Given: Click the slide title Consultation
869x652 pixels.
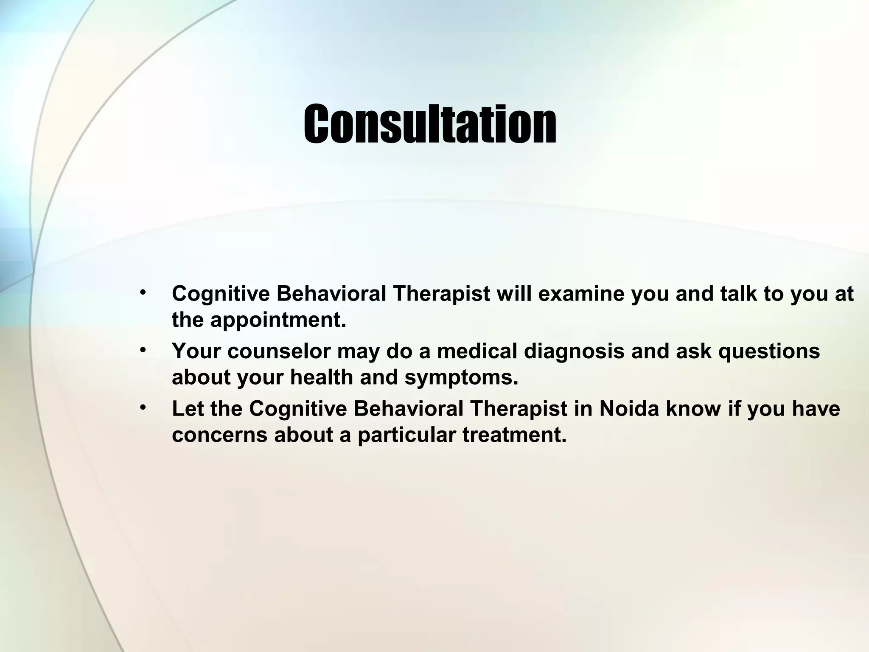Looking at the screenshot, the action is pyautogui.click(x=430, y=124).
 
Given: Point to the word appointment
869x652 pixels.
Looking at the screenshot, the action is pyautogui.click(x=278, y=321).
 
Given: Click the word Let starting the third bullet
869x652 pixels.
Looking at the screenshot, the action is pyautogui.click(x=187, y=409).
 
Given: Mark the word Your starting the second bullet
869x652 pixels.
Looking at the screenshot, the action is pyautogui.click(x=196, y=351).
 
